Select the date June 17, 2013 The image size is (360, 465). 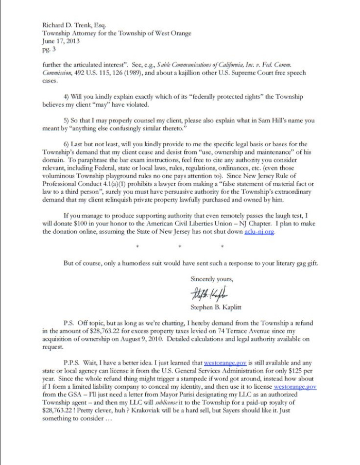(61, 42)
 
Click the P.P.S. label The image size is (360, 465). (73, 363)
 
